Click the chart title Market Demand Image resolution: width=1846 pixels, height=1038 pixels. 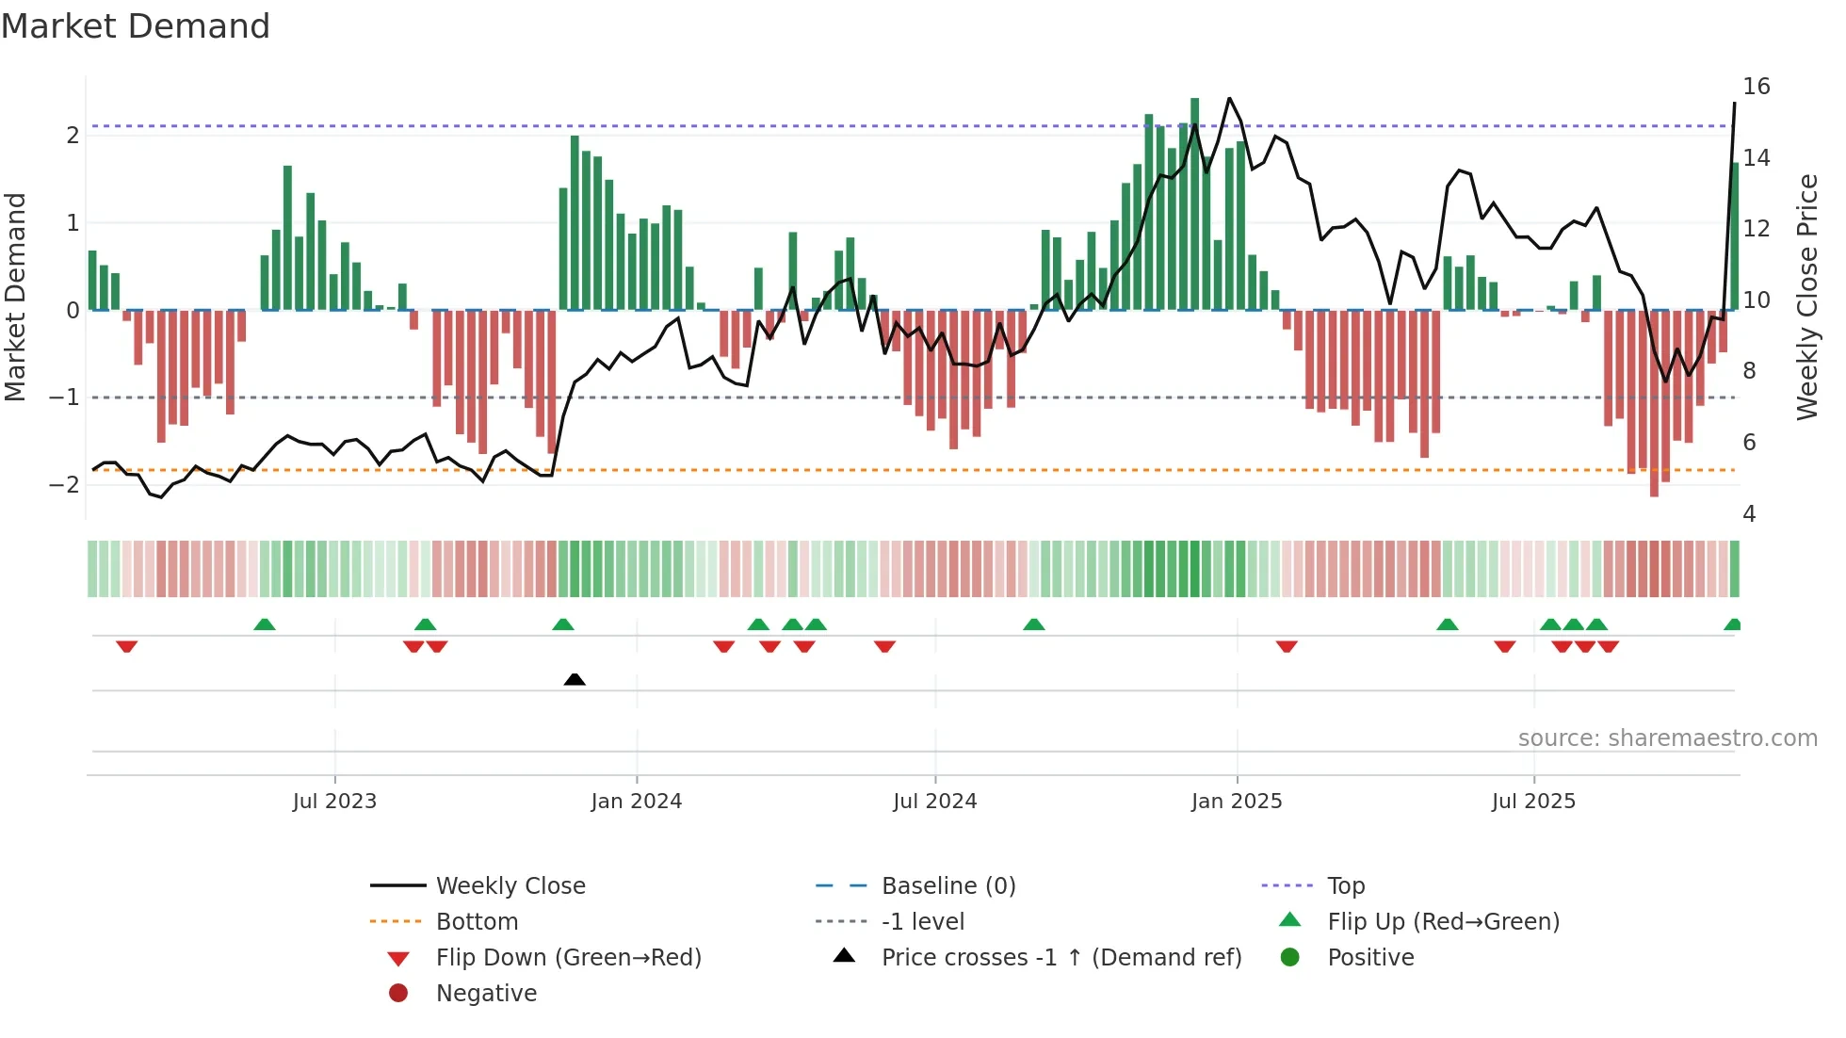click(136, 26)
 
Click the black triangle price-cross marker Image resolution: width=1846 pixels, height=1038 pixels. click(575, 679)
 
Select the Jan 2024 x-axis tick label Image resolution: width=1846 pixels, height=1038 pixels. click(636, 802)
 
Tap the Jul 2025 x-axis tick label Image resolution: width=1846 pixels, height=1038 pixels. click(1532, 802)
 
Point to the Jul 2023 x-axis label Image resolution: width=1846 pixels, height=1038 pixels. click(334, 802)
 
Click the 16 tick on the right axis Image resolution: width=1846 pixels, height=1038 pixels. click(1756, 87)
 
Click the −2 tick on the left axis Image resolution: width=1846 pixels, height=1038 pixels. click(64, 485)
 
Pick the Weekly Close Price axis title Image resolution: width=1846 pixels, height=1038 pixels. click(1806, 297)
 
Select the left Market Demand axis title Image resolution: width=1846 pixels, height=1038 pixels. click(16, 297)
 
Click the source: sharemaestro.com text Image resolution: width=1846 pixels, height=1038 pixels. click(1667, 738)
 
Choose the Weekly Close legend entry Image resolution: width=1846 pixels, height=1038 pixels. click(510, 886)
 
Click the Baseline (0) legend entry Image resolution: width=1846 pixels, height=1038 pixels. click(947, 886)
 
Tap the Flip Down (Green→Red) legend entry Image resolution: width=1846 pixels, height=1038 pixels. click(568, 958)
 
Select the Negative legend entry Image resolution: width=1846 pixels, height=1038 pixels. click(486, 994)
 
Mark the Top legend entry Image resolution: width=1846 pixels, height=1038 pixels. click(1345, 886)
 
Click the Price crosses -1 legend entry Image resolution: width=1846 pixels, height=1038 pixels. click(1061, 958)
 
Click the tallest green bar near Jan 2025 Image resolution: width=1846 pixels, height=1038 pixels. click(1194, 203)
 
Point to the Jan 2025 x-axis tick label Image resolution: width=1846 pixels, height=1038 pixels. click(1236, 802)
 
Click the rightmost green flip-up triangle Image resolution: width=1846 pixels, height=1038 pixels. click(1732, 624)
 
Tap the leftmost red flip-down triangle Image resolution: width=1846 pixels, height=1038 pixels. click(127, 646)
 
